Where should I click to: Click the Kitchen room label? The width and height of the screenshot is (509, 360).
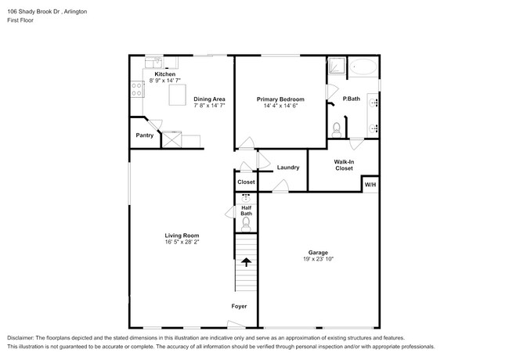165,74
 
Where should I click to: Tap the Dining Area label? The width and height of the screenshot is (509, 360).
209,99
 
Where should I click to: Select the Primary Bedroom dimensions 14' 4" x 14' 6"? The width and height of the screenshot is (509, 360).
280,106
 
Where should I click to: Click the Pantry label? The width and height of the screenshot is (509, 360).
144,135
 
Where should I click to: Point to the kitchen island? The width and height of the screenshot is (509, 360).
177,95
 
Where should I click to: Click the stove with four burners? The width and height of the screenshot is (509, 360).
137,89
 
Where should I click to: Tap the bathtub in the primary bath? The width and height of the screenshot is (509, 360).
363,67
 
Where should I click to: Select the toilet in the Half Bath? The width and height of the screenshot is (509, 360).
246,225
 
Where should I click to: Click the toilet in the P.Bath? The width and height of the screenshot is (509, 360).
337,130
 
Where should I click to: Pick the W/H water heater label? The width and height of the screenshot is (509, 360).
370,185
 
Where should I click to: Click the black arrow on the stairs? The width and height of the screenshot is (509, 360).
246,261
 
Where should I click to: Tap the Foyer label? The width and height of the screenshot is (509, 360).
239,306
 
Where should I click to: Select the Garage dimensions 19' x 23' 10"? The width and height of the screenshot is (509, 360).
318,259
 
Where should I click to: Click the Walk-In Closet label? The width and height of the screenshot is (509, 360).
344,165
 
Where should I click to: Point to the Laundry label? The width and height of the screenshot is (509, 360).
288,167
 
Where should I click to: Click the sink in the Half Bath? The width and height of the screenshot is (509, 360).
246,198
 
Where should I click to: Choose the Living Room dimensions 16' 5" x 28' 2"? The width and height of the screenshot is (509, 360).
182,243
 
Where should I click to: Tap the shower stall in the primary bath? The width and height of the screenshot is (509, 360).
336,66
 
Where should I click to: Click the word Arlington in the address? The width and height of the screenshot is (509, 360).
75,12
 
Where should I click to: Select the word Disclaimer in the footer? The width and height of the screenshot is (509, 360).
20,338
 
